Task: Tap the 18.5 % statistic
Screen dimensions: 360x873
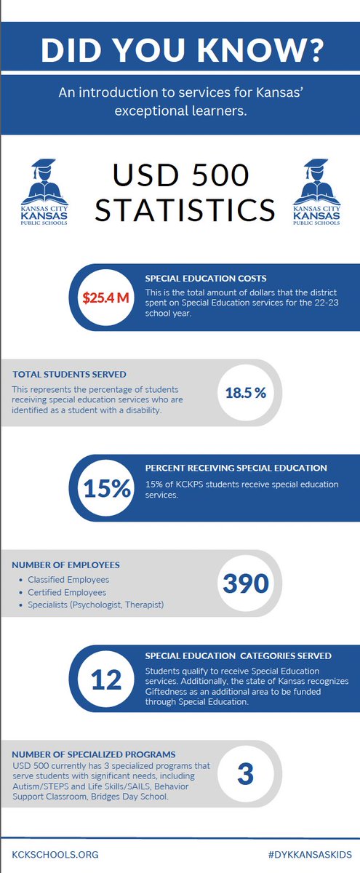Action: pyautogui.click(x=245, y=393)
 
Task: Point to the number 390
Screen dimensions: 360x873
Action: pyautogui.click(x=245, y=583)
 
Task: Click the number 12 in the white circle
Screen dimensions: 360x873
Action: pyautogui.click(x=108, y=678)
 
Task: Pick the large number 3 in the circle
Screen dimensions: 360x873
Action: pyautogui.click(x=245, y=774)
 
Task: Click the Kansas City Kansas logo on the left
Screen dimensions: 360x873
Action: pyautogui.click(x=48, y=192)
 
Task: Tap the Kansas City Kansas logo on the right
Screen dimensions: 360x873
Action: pyautogui.click(x=315, y=192)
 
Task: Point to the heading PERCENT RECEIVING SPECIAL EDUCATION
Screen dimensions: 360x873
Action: pyautogui.click(x=236, y=468)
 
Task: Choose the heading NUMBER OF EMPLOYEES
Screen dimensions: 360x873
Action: pyautogui.click(x=66, y=565)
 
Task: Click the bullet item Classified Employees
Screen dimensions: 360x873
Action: pyautogui.click(x=68, y=579)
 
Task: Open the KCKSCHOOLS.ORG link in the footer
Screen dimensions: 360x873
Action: pyautogui.click(x=55, y=853)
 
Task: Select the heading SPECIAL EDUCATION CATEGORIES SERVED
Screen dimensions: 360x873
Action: pyautogui.click(x=239, y=655)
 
